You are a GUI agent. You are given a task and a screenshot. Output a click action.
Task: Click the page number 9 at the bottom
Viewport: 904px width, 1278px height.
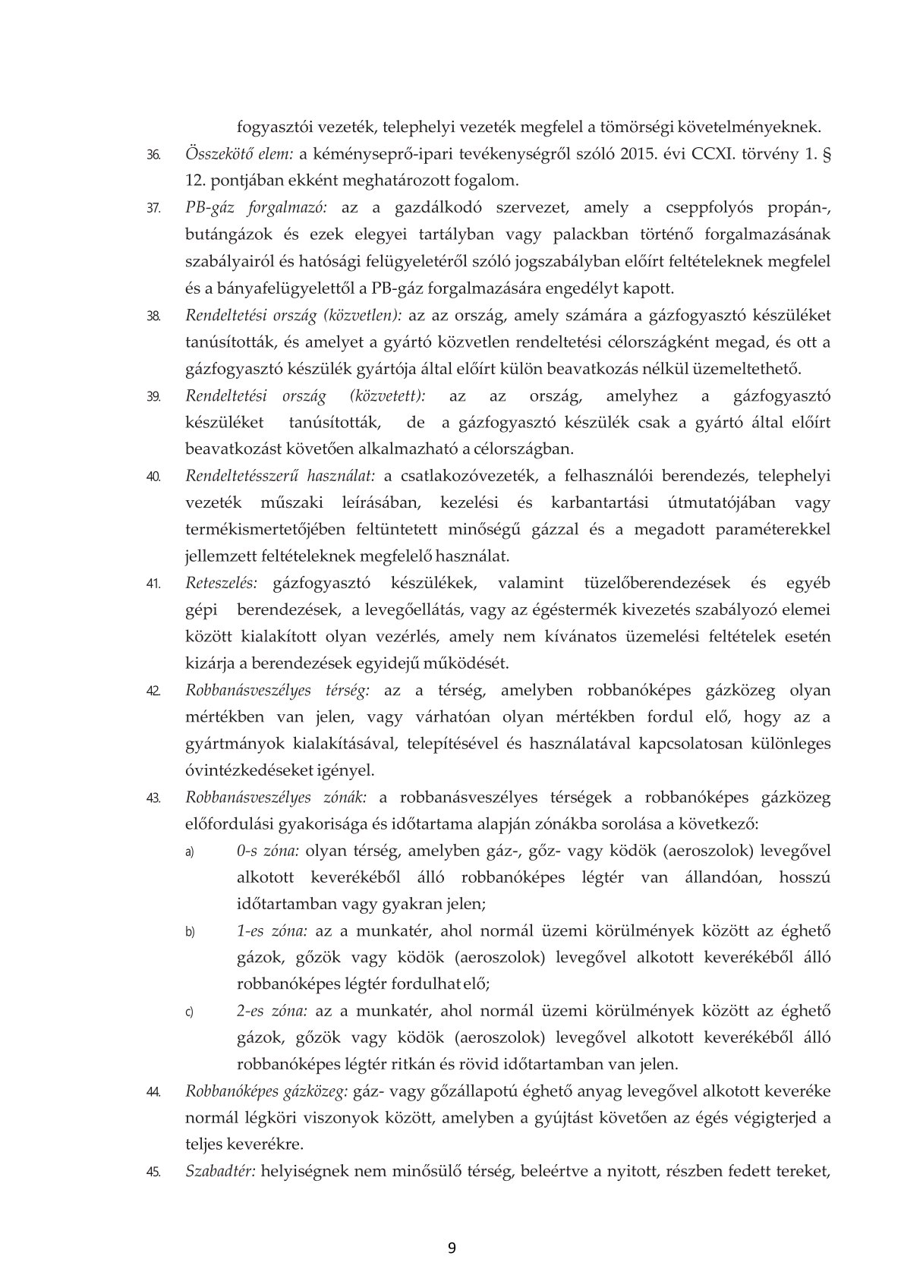(x=452, y=1248)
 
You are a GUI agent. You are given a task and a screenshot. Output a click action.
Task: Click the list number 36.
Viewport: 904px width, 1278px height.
(x=153, y=156)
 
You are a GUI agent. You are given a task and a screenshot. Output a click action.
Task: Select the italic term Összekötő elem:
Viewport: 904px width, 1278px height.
(x=239, y=155)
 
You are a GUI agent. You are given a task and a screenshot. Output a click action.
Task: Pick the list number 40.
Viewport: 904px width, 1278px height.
(x=153, y=477)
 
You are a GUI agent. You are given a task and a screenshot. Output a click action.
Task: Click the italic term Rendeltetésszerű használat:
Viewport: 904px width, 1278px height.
(x=280, y=477)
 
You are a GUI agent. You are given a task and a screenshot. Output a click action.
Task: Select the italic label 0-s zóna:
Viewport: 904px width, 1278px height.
(x=269, y=851)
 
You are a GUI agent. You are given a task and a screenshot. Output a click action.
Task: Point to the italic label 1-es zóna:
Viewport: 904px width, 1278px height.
(x=272, y=931)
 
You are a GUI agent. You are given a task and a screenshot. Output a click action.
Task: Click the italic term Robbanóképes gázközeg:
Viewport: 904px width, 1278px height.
(x=266, y=1091)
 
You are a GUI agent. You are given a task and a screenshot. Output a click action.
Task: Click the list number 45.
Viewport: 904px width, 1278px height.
(x=153, y=1173)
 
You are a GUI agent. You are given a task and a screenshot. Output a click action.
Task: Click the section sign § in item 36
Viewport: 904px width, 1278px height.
(x=826, y=156)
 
